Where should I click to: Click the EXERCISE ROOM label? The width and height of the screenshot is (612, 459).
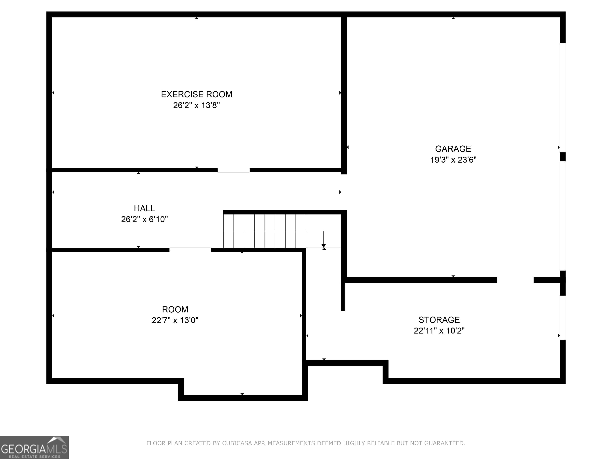[x=196, y=94]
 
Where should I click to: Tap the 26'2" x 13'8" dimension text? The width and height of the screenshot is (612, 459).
[x=196, y=105]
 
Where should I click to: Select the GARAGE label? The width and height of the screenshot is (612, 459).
[x=453, y=149]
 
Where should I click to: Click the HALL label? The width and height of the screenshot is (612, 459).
[x=144, y=208]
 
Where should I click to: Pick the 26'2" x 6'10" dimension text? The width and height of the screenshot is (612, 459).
[x=144, y=219]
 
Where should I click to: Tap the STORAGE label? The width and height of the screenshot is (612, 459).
[x=439, y=320]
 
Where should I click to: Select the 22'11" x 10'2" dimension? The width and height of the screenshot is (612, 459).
[x=439, y=331]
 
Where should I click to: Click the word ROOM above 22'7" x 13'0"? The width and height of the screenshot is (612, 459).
[x=175, y=309]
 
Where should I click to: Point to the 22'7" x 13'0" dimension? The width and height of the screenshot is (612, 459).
[x=175, y=320]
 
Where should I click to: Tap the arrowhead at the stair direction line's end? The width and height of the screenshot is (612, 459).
[x=323, y=246]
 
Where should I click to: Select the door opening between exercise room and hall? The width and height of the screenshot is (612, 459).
[x=233, y=170]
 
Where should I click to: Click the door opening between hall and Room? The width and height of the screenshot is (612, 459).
[x=190, y=250]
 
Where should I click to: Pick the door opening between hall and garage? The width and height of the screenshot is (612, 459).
[x=344, y=192]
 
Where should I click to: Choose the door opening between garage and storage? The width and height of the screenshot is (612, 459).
[x=515, y=280]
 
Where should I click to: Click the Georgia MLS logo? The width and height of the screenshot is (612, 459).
[x=34, y=447]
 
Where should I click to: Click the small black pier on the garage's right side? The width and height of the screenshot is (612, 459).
[x=562, y=157]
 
